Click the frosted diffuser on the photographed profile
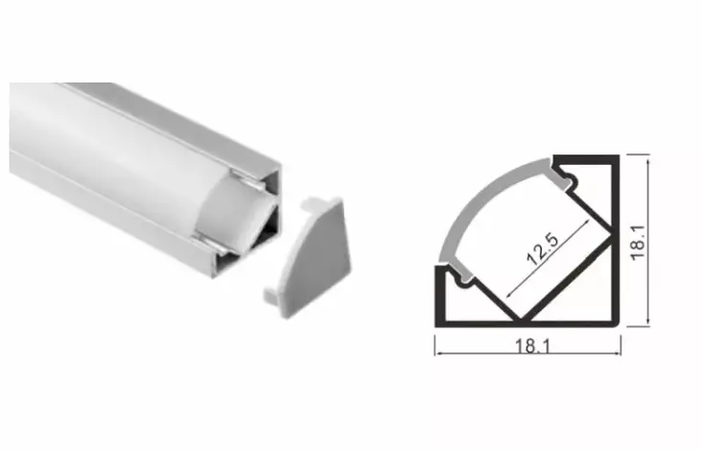(x=125, y=144)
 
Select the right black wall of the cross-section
(x=614, y=240)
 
